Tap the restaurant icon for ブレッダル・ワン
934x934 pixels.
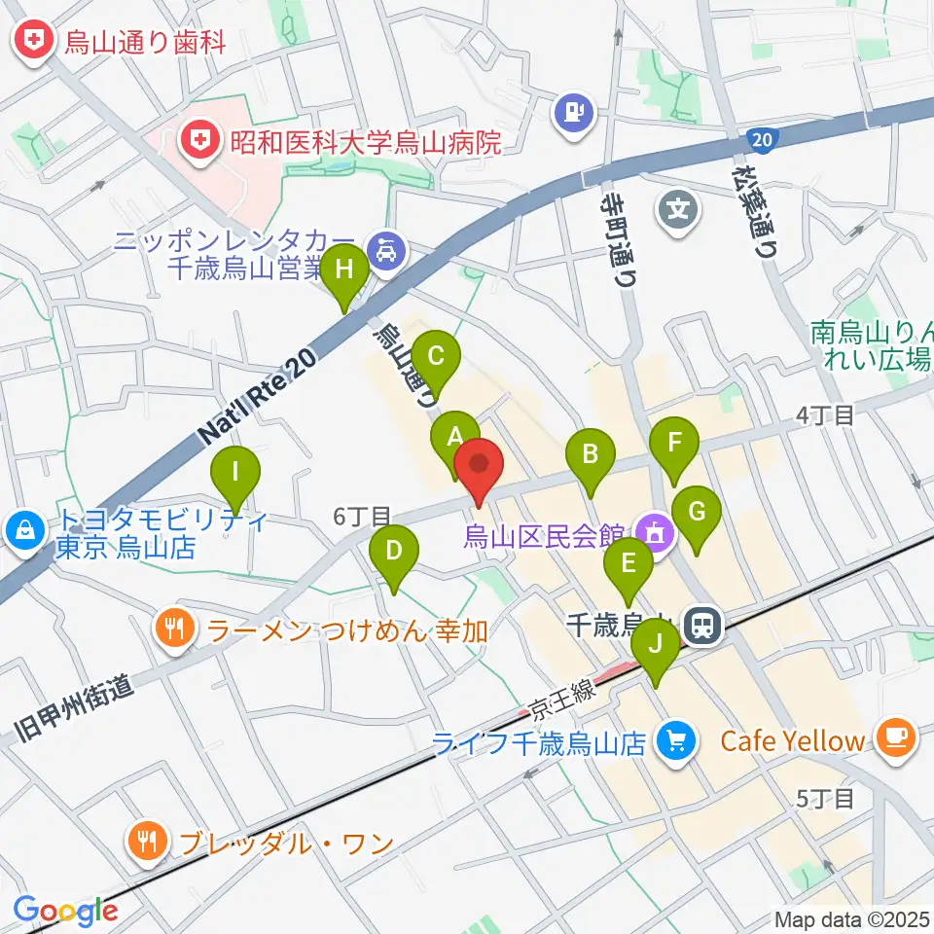(148, 841)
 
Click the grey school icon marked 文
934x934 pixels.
(680, 209)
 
